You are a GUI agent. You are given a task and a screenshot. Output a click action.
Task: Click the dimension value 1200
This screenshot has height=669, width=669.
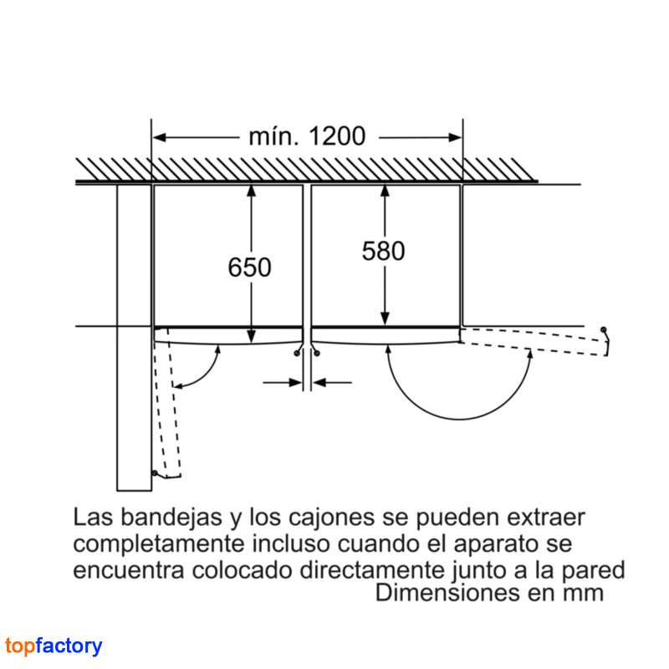pos(337,136)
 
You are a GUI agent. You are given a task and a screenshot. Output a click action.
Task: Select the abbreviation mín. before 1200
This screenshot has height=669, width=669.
pos(273,136)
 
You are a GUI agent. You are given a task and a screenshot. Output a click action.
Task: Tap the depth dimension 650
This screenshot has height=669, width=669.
pos(249,268)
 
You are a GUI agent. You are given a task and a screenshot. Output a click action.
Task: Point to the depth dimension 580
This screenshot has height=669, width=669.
pos(383,251)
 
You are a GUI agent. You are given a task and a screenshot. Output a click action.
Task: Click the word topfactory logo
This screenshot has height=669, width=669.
pos(54,646)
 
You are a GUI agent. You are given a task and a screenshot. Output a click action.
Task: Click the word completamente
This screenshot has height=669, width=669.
pos(158,544)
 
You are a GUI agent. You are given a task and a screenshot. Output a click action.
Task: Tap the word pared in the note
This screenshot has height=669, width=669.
pos(593,571)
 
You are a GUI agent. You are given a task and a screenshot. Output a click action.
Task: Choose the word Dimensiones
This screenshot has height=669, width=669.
pos(447,593)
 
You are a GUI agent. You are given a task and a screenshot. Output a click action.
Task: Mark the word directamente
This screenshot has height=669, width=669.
pos(372,570)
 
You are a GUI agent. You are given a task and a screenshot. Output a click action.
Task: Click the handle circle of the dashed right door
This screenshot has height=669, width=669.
pos(603,329)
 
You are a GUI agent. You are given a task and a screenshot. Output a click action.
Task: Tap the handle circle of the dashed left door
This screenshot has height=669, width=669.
pos(155,472)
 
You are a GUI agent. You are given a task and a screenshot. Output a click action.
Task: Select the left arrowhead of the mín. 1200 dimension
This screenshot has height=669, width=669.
pos(160,137)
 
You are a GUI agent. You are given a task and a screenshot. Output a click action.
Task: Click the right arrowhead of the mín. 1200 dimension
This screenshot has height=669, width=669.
pos(455,137)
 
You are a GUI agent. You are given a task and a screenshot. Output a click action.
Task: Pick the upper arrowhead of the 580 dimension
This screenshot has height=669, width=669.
pos(385,191)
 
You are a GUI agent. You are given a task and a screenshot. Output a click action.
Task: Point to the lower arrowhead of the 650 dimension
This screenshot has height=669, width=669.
pos(252,336)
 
